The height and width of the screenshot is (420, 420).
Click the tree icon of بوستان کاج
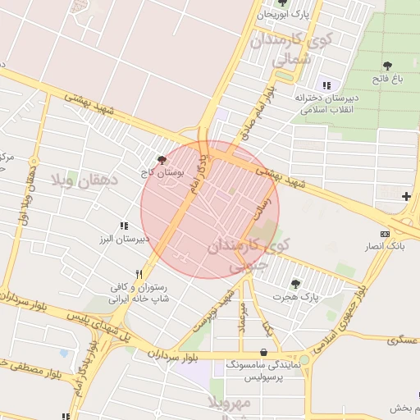tap(162, 160)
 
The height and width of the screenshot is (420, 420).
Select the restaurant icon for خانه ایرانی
tap(139, 275)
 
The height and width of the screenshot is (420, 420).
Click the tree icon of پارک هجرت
tap(295, 283)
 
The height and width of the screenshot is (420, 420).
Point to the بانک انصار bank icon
tap(385, 234)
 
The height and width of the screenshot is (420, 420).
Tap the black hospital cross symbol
tap(406, 196)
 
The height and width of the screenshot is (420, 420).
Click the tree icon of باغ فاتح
tap(387, 65)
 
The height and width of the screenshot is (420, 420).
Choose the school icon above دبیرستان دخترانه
tap(326, 85)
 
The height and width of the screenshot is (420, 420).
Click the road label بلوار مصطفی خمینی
tap(33, 371)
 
